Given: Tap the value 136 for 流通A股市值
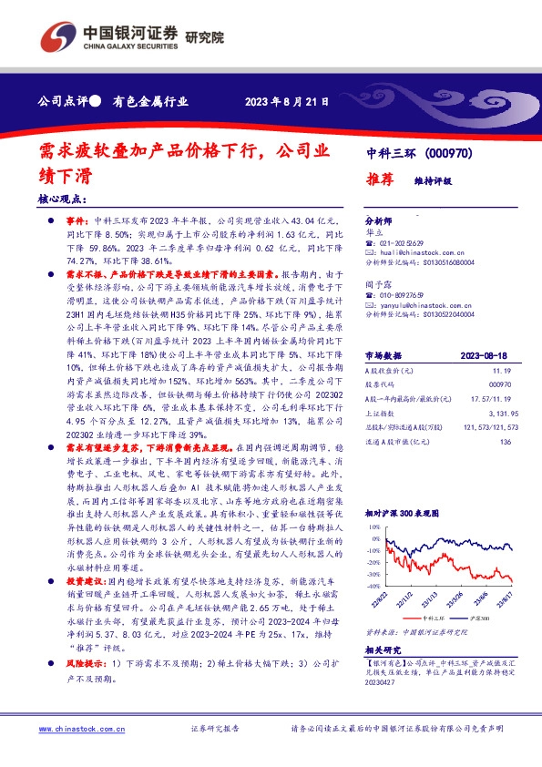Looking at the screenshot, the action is click(506, 442).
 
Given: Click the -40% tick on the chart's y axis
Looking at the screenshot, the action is click(373, 576).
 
